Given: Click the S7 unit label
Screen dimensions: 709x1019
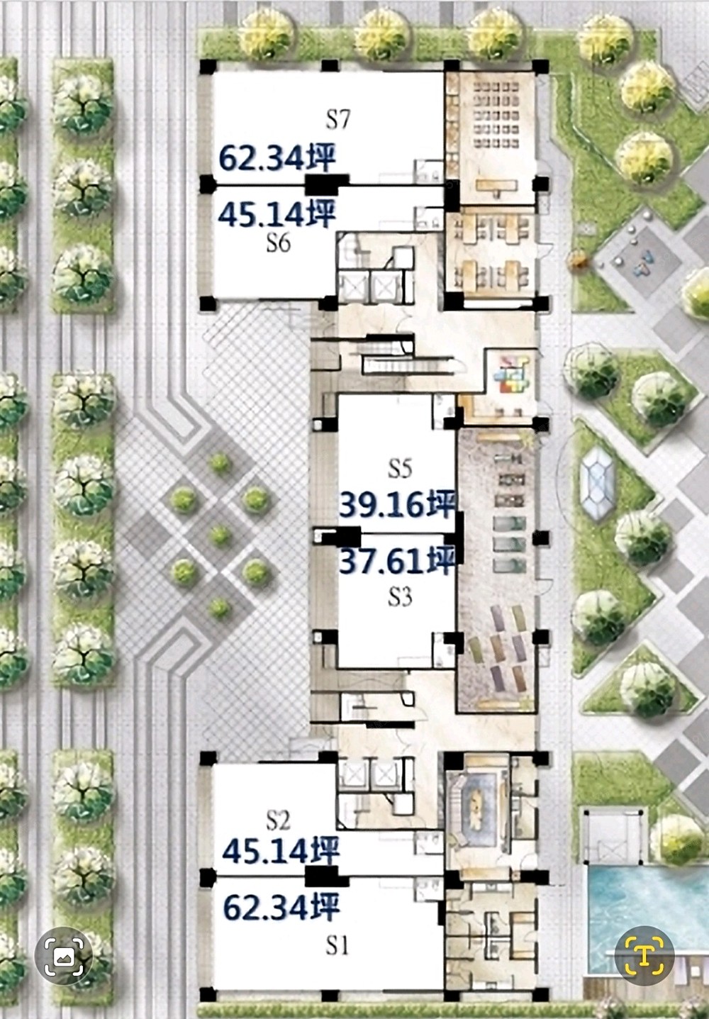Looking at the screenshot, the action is (338, 120).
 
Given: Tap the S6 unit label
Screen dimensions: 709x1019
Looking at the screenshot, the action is (279, 243).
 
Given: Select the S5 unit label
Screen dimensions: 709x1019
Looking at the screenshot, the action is (400, 468).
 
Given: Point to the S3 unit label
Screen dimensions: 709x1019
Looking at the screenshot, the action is (400, 597).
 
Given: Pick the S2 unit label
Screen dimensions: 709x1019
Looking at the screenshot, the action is (279, 820).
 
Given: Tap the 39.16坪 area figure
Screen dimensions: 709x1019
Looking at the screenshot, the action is (398, 504).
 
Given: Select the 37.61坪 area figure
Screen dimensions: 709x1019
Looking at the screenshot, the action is (398, 561).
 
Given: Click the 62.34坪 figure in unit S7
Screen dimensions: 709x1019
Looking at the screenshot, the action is (277, 157).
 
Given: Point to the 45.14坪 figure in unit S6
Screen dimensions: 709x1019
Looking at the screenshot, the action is (277, 213).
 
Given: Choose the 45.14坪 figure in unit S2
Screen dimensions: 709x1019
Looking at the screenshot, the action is (281, 851).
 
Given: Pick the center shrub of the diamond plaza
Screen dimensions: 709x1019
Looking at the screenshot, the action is (220, 535).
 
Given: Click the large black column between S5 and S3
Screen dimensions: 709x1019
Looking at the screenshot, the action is (348, 537).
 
